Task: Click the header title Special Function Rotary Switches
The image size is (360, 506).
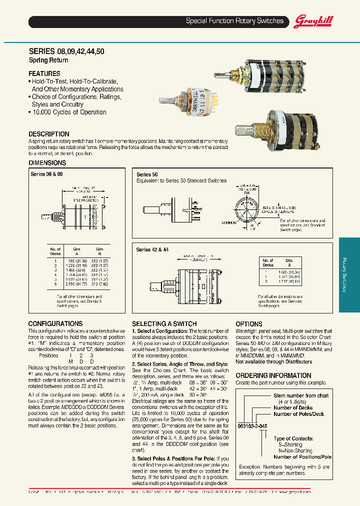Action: click(234, 21)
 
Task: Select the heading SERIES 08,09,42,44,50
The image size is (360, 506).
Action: click(66, 51)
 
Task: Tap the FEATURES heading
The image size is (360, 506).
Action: click(44, 73)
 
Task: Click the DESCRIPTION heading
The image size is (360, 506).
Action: click(49, 134)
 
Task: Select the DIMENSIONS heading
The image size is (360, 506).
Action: click(47, 163)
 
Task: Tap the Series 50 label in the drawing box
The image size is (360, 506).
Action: click(147, 174)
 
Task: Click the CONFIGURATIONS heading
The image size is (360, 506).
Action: click(55, 323)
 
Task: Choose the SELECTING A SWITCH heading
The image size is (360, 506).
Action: click(164, 324)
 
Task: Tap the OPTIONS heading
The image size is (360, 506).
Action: click(249, 324)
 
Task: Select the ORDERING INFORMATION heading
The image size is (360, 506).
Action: click(273, 375)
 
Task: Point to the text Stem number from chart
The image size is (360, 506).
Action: click(301, 395)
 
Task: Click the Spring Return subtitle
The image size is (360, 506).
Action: click(45, 60)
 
